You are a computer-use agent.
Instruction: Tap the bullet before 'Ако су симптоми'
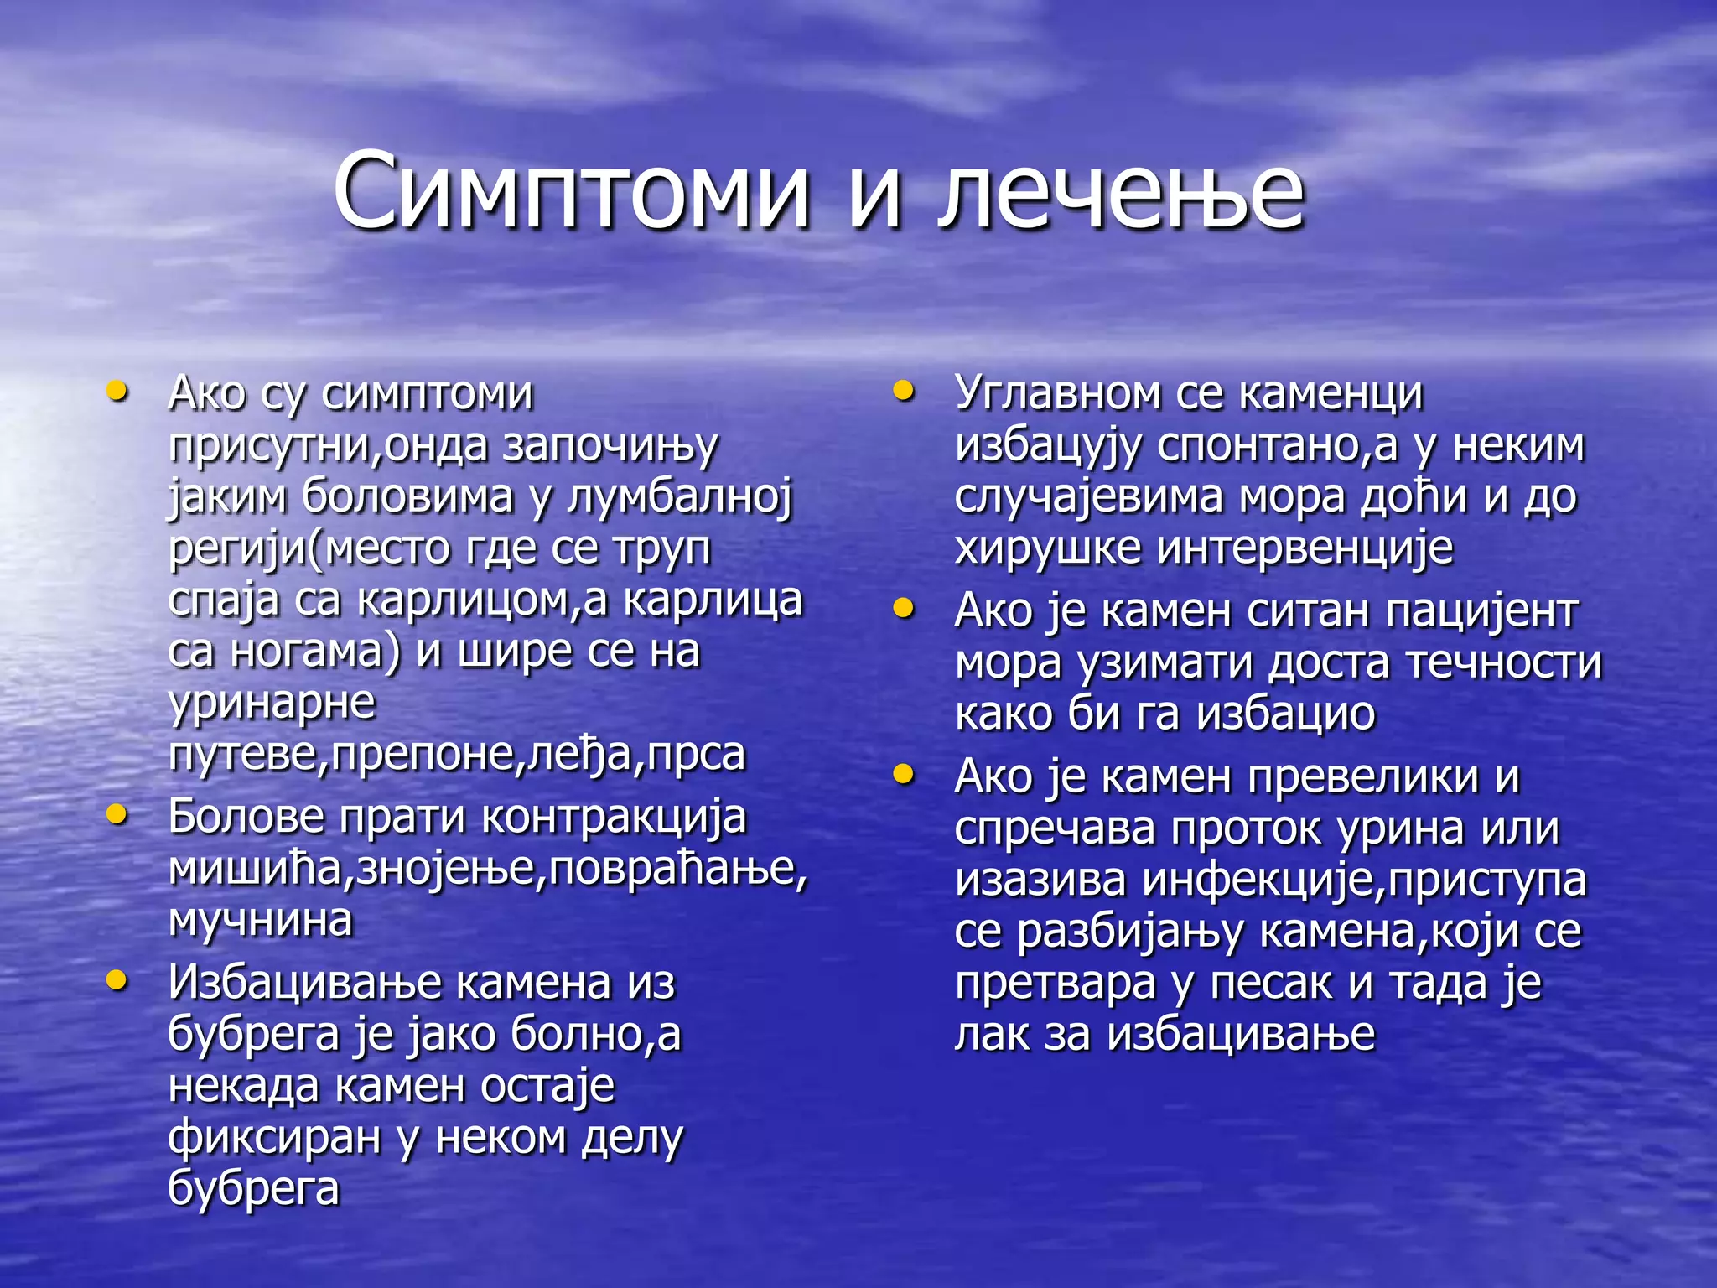point(117,391)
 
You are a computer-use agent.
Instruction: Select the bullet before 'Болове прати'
point(117,813)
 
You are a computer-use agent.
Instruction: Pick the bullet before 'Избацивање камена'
point(117,979)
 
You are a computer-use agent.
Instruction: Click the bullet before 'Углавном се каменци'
point(903,391)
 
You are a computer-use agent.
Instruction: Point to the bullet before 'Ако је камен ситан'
point(903,608)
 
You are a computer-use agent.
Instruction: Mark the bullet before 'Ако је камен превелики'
point(903,774)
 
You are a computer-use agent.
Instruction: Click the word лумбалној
point(679,496)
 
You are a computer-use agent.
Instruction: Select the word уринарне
point(272,703)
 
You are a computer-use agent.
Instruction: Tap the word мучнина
point(261,921)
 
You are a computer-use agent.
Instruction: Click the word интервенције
point(1305,548)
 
